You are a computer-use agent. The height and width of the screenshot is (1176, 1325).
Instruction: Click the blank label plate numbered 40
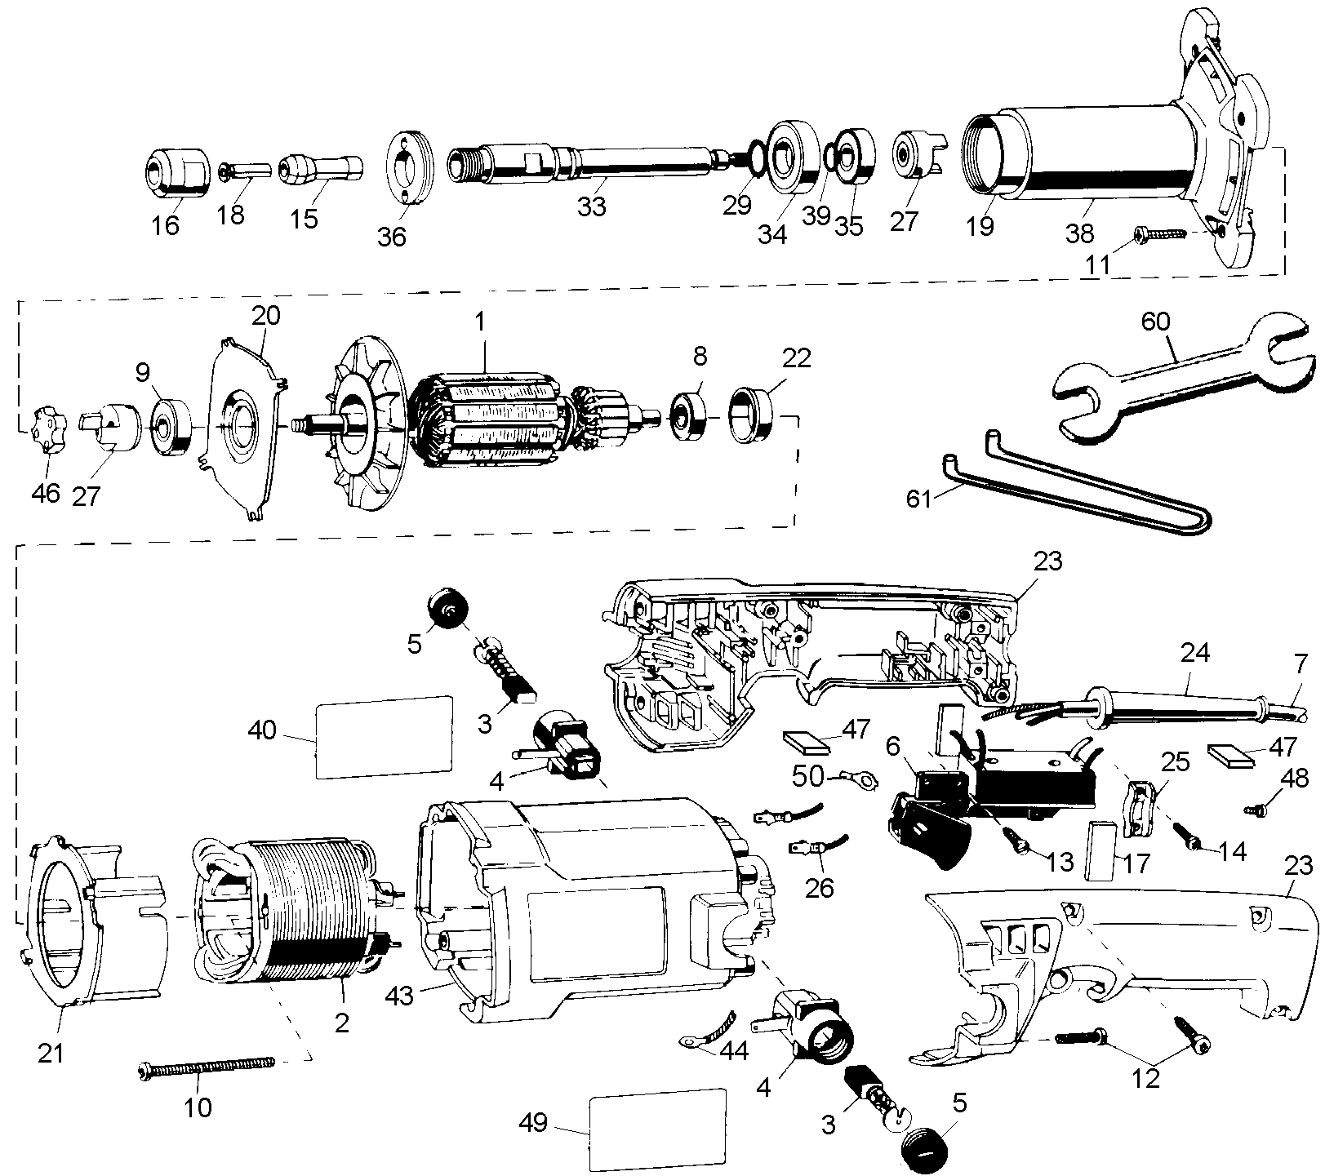point(384,736)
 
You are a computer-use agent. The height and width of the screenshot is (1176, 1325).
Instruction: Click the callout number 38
point(1079,234)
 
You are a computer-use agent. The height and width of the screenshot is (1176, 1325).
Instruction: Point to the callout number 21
point(51,1054)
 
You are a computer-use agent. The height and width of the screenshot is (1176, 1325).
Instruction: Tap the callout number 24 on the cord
point(1195,653)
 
